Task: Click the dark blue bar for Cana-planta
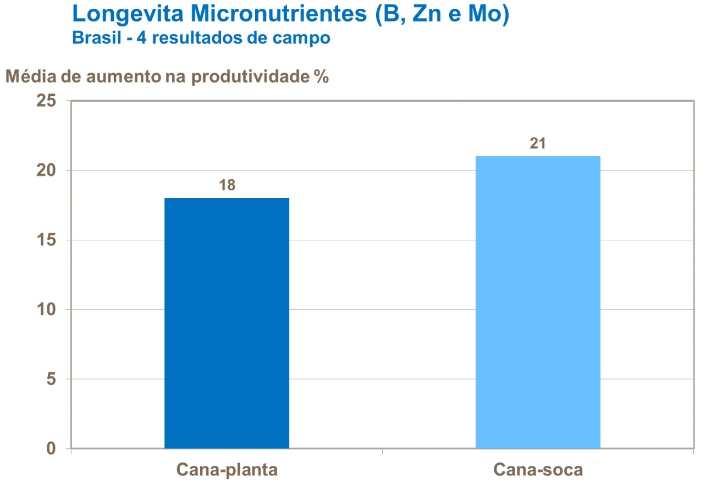[x=227, y=323]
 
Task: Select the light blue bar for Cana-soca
[x=537, y=302]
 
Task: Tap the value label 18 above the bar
[x=227, y=185]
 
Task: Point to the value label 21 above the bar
[x=537, y=144]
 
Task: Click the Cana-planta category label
[x=227, y=470]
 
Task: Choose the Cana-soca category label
[x=538, y=470]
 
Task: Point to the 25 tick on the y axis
[x=47, y=101]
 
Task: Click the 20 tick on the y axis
[x=47, y=171]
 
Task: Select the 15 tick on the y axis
[x=47, y=240]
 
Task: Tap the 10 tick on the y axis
[x=47, y=310]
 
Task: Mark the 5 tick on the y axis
[x=51, y=379]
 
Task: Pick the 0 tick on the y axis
[x=51, y=449]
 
